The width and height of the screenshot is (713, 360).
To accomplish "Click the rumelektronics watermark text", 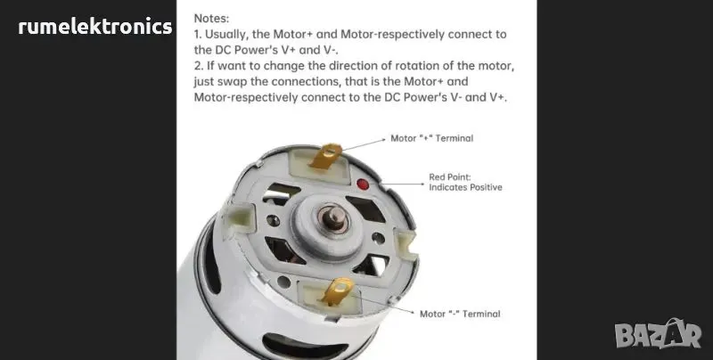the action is (95, 27).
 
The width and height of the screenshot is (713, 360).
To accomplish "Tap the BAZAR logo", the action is (658, 334).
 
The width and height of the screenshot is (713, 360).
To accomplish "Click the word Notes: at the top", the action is (211, 19).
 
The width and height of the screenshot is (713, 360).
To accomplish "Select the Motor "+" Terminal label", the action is (432, 138).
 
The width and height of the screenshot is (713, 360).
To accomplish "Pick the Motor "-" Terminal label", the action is (460, 314).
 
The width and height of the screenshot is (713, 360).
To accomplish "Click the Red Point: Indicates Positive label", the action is (465, 182).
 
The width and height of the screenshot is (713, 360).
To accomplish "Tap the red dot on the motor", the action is (363, 184).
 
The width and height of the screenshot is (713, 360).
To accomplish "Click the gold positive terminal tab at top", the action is (325, 156).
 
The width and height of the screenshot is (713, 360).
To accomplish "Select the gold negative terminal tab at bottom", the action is (338, 290).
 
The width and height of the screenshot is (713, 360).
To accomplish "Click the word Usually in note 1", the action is (223, 35).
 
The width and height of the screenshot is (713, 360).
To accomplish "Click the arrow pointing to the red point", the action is (402, 184).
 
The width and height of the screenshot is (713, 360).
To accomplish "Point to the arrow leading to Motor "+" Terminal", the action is (364, 144).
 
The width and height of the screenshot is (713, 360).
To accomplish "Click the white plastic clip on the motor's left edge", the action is (240, 217).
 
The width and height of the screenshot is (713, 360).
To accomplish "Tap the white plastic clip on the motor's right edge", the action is (406, 243).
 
